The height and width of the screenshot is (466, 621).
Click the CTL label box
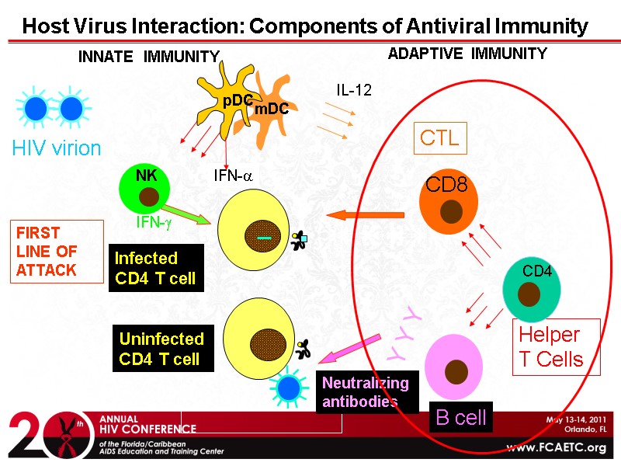[x=439, y=138]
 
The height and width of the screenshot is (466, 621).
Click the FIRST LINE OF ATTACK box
[x=57, y=252]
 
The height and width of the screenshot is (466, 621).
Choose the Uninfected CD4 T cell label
[x=161, y=349]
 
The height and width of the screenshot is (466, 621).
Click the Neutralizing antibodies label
[x=364, y=392]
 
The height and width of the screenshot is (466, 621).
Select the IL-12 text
[x=354, y=90]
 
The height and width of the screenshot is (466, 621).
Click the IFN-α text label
[x=234, y=176]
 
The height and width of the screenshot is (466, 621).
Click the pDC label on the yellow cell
[x=238, y=101]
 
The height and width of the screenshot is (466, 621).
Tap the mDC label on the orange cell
[x=272, y=110]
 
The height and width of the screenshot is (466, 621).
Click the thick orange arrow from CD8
[x=365, y=214]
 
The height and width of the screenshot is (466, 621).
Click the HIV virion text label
[x=56, y=148]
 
